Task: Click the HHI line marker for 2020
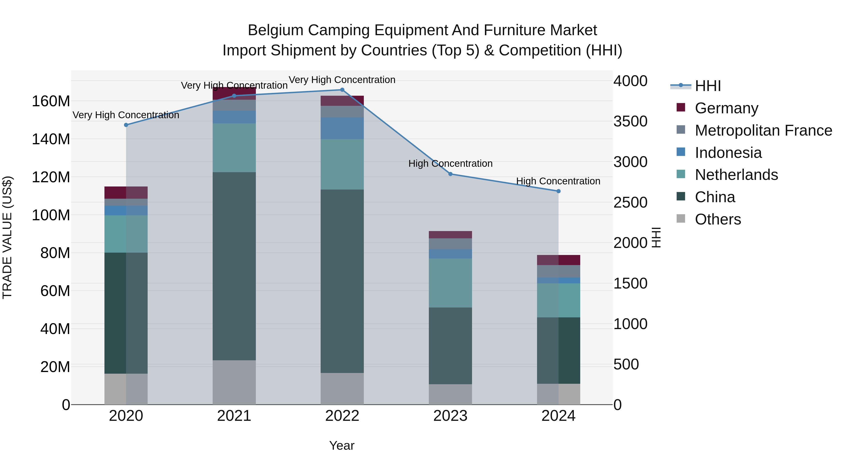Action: [126, 125]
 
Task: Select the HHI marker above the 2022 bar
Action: [342, 90]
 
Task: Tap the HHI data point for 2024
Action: [558, 191]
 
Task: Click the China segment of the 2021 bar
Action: [234, 266]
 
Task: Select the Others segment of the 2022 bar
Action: [342, 388]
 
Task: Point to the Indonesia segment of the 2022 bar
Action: [342, 128]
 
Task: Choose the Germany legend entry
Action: [726, 108]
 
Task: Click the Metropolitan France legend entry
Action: [763, 130]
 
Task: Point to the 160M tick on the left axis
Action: [51, 101]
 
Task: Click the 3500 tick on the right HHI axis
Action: [630, 121]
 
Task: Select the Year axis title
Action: [342, 445]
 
